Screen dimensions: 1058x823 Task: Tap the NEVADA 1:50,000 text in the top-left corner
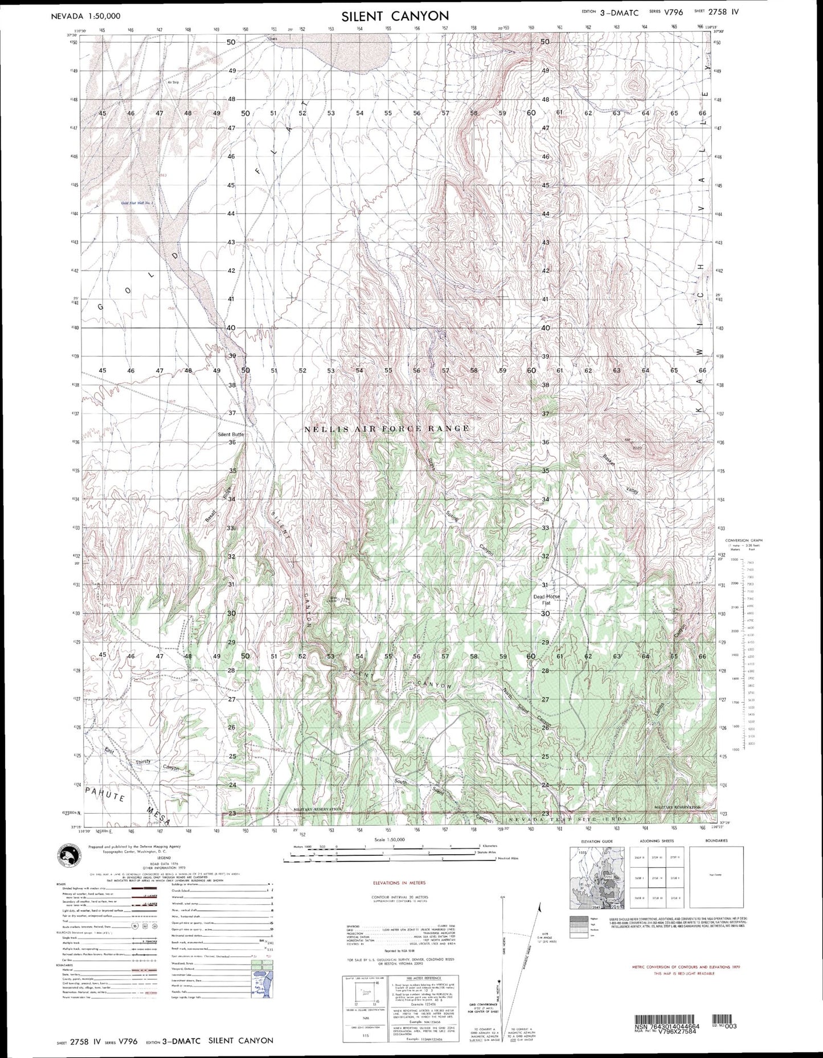click(x=85, y=17)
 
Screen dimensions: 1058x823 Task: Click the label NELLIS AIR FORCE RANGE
click(x=388, y=428)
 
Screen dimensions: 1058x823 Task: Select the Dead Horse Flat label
click(x=546, y=600)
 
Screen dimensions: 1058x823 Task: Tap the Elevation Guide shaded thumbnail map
click(x=596, y=877)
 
